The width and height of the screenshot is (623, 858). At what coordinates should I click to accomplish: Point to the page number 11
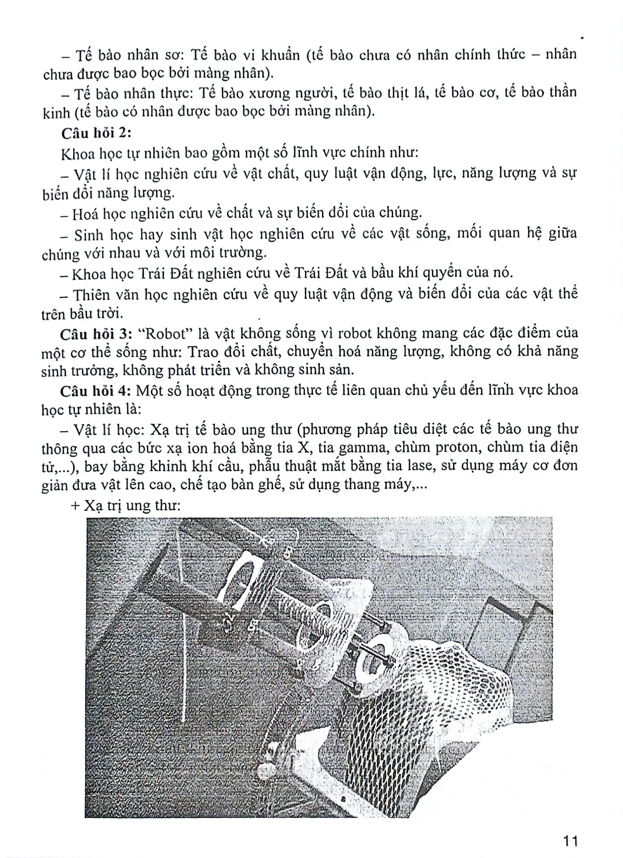point(571,841)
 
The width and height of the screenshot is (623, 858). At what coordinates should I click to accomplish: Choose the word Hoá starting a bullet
point(86,213)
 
